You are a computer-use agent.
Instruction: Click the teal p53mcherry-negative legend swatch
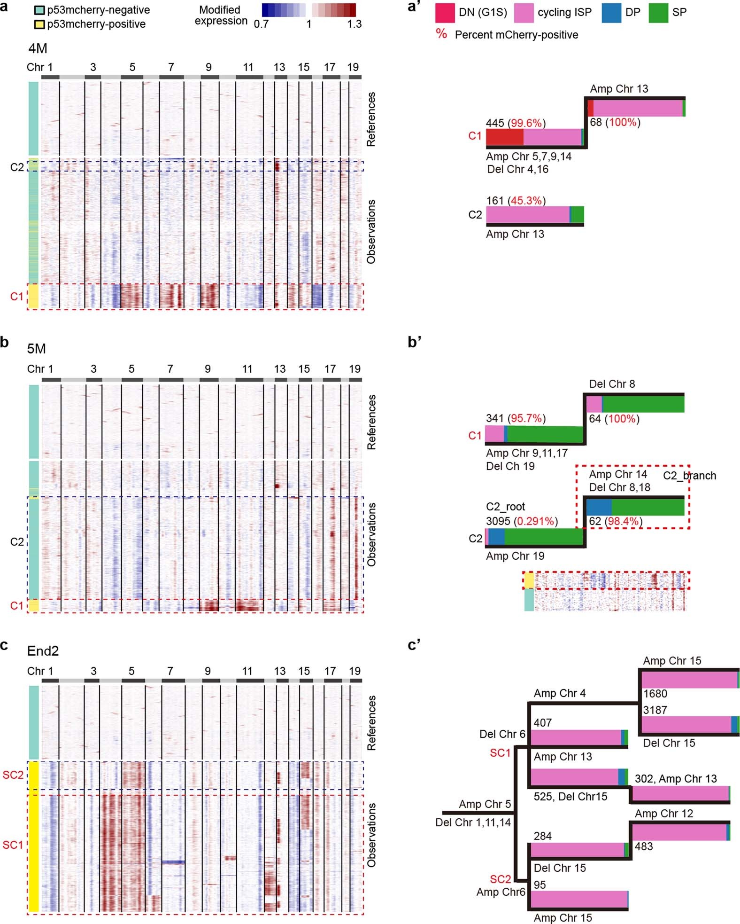click(x=40, y=10)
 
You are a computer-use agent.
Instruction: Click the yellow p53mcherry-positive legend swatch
click(x=40, y=24)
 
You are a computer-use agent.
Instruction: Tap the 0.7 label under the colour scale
click(x=261, y=24)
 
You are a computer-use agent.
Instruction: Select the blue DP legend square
click(x=611, y=13)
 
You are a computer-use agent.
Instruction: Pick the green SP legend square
click(x=658, y=13)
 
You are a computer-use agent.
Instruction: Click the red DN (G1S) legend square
click(x=445, y=13)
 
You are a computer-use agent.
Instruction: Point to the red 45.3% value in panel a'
click(x=526, y=201)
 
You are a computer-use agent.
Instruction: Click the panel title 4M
click(x=37, y=48)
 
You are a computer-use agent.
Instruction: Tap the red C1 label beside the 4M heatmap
click(x=16, y=296)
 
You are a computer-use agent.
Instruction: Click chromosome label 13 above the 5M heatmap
click(x=280, y=369)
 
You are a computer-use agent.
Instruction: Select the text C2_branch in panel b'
click(x=689, y=476)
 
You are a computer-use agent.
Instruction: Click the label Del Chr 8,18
click(x=619, y=487)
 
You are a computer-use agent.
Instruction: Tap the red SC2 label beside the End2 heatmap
click(x=13, y=775)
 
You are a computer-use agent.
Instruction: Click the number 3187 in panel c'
click(x=655, y=710)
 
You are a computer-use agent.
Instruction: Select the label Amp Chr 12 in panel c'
click(x=663, y=814)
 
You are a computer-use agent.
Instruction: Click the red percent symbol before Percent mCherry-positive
click(x=441, y=34)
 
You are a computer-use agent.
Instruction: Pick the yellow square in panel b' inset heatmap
click(x=529, y=581)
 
